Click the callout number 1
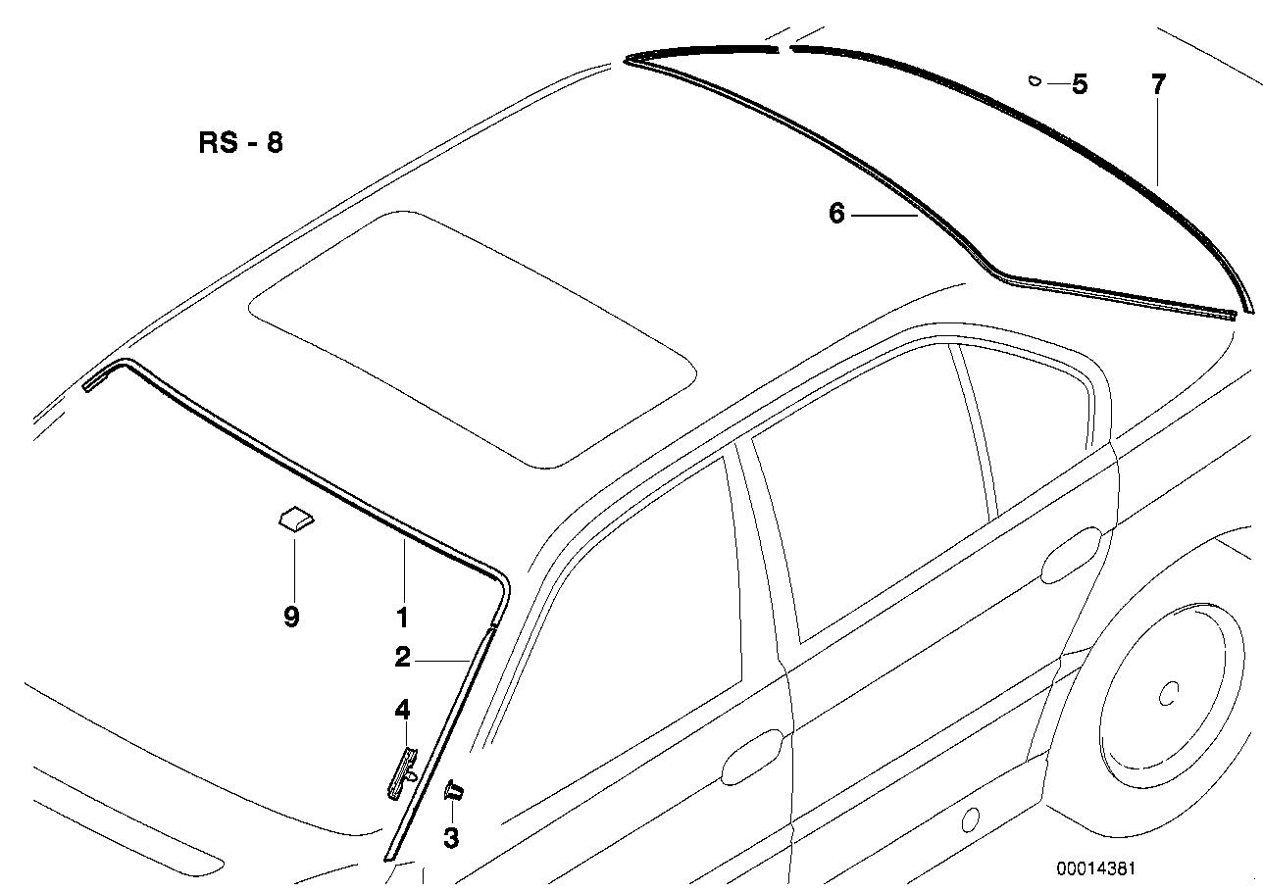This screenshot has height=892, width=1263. click(x=402, y=619)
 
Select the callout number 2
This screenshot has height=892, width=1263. click(x=402, y=658)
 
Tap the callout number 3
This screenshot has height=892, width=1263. click(x=450, y=838)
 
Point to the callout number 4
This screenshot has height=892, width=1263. click(x=402, y=709)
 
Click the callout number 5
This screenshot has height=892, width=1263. click(x=1080, y=84)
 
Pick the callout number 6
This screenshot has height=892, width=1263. click(x=835, y=213)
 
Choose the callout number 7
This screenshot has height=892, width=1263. click(x=1158, y=84)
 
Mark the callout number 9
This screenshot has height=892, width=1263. click(x=291, y=618)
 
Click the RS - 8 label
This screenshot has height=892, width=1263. click(x=240, y=143)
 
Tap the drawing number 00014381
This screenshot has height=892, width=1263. click(x=1095, y=868)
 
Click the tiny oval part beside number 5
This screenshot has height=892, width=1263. click(x=1034, y=81)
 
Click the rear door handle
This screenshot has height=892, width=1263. click(x=1071, y=555)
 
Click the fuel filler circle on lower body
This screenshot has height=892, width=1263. click(x=971, y=818)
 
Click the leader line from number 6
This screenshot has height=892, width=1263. click(x=884, y=215)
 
